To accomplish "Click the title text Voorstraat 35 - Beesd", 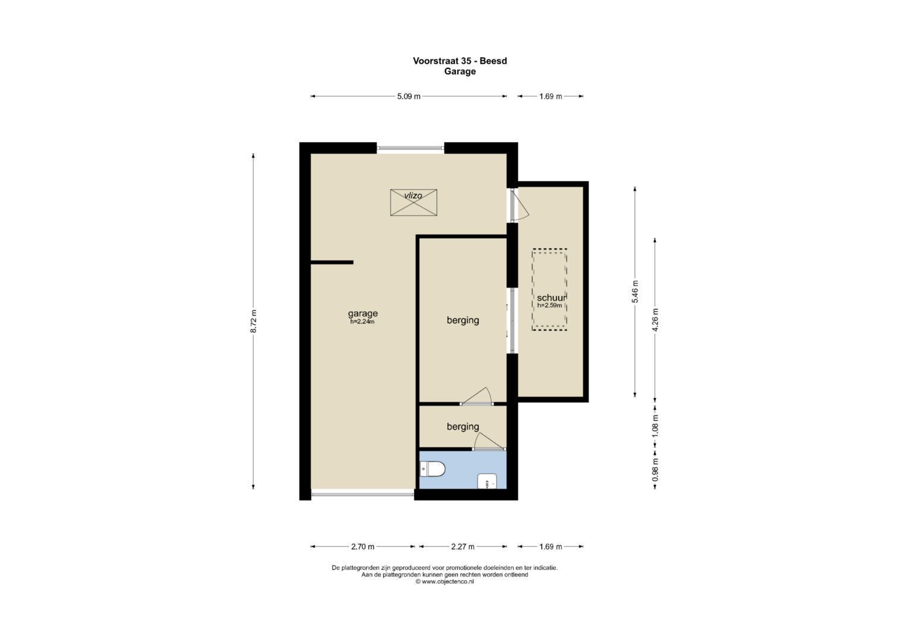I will pyautogui.click(x=460, y=61).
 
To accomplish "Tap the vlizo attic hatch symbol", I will pyautogui.click(x=413, y=203).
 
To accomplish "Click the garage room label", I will pyautogui.click(x=363, y=313).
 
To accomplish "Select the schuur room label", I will pyautogui.click(x=551, y=298).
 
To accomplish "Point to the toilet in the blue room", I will pyautogui.click(x=433, y=470).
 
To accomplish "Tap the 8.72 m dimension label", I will pyautogui.click(x=253, y=322).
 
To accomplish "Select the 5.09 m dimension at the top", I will pyautogui.click(x=409, y=96).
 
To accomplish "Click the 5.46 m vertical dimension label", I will pyautogui.click(x=634, y=292).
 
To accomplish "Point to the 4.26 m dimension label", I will pyautogui.click(x=655, y=319).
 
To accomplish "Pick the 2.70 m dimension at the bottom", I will pyautogui.click(x=363, y=547).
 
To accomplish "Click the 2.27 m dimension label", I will pyautogui.click(x=463, y=547).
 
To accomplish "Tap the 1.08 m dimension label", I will pyautogui.click(x=655, y=426).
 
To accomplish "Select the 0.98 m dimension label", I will pyautogui.click(x=655, y=470).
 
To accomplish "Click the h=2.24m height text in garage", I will pyautogui.click(x=362, y=322).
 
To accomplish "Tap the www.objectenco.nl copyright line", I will pyautogui.click(x=445, y=582).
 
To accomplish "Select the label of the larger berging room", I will pyautogui.click(x=463, y=320).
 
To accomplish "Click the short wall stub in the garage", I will pyautogui.click(x=332, y=262).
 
